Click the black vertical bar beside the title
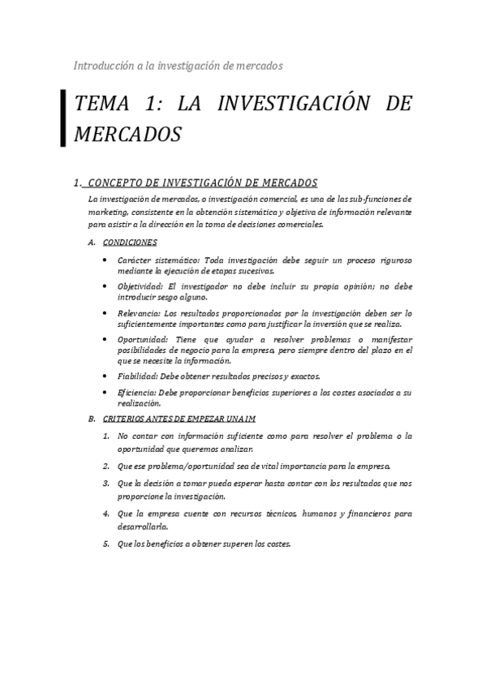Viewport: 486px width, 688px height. (x=63, y=118)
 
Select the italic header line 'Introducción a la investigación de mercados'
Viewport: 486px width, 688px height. (x=178, y=64)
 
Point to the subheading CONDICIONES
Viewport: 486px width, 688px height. (x=131, y=242)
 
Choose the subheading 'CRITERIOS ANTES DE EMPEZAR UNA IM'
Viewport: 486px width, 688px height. (x=179, y=418)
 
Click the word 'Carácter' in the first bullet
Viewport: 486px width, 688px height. (x=134, y=260)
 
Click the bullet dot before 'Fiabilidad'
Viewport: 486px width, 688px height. (x=106, y=376)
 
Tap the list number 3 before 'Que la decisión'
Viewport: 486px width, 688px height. (x=106, y=483)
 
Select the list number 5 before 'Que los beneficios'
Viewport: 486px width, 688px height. (x=106, y=544)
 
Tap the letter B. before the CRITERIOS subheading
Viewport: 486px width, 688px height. (x=92, y=418)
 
